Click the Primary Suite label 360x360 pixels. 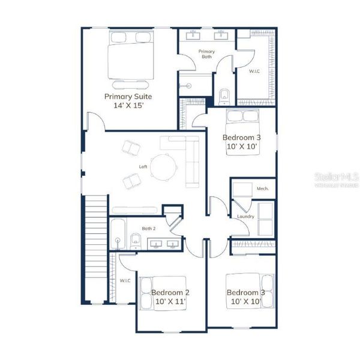tap(128, 96)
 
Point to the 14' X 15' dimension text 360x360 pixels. tap(128, 105)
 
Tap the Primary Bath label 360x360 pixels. tap(206, 55)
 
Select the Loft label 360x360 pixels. tap(143, 167)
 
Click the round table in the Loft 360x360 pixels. tap(163, 166)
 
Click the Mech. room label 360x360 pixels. tap(262, 188)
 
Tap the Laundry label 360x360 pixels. tap(245, 216)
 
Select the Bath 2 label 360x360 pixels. tap(148, 229)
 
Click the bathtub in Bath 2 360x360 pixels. tap(118, 234)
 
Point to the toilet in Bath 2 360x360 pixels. tap(135, 242)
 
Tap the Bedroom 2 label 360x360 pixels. tap(170, 293)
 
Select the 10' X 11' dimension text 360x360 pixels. tap(170, 302)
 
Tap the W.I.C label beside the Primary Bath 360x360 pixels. tap(254, 70)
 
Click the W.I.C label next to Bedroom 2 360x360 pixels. tap(125, 280)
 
